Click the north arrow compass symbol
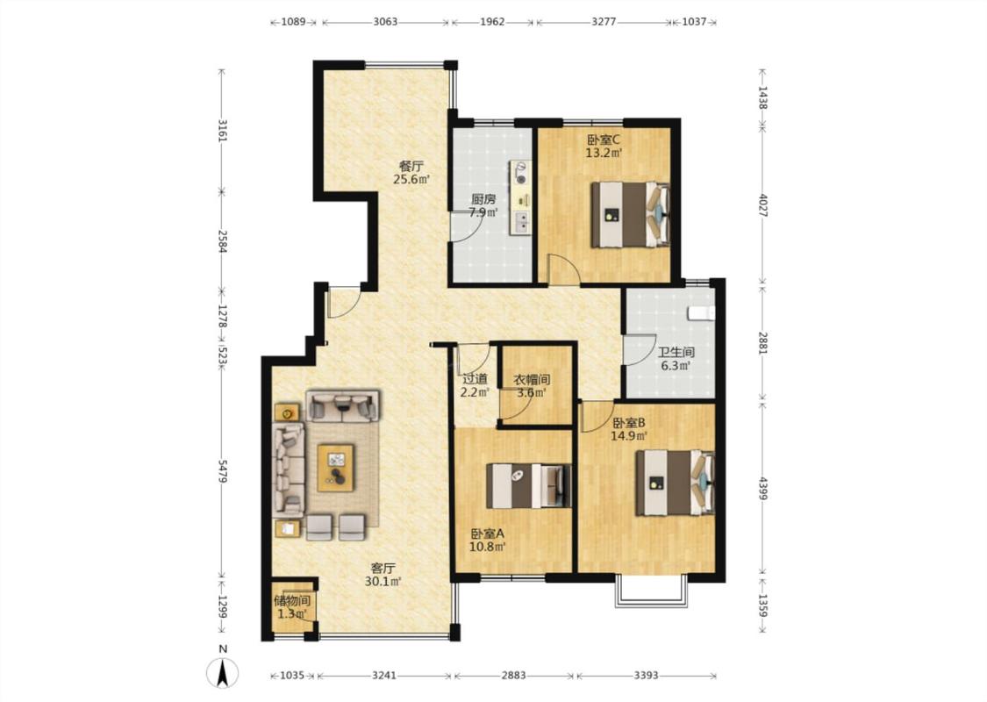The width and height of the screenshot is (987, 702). click(223, 671)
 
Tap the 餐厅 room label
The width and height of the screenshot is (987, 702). click(411, 166)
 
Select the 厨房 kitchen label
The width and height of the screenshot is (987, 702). click(483, 199)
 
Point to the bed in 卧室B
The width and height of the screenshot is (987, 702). click(675, 483)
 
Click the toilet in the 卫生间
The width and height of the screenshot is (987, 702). click(702, 313)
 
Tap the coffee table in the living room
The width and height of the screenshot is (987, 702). click(335, 468)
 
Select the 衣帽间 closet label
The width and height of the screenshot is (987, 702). click(533, 380)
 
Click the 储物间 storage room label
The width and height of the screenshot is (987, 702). click(292, 600)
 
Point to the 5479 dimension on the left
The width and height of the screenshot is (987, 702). click(222, 471)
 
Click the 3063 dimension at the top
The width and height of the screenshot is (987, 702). click(385, 22)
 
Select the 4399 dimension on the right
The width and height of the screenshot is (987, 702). click(762, 489)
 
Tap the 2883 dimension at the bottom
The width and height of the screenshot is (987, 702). click(513, 676)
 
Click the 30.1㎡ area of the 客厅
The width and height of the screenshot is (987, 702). click(383, 582)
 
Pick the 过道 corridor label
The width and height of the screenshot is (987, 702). click(476, 379)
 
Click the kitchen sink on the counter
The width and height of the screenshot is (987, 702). click(521, 221)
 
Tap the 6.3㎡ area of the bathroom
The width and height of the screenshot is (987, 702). click(676, 366)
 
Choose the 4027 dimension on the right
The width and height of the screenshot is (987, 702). click(762, 205)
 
